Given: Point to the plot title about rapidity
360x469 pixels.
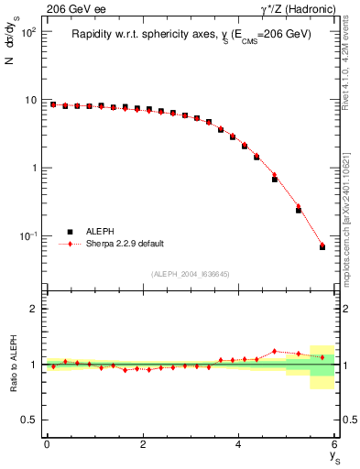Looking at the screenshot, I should (x=191, y=34).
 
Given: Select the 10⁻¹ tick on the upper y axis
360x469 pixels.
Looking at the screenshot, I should (x=28, y=236).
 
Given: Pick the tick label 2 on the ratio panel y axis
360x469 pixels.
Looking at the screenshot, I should (x=34, y=310).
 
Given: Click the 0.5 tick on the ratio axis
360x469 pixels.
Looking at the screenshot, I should (x=29, y=420).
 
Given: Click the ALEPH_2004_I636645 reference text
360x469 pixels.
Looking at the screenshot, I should (x=191, y=274).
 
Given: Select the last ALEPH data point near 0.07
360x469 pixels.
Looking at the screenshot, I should (x=322, y=247).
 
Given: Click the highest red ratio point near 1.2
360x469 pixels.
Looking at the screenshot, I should (x=275, y=351).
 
